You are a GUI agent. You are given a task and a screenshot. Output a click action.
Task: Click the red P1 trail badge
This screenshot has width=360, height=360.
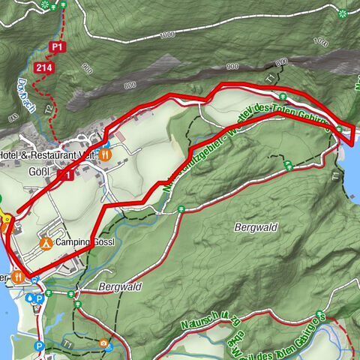tap(57, 46)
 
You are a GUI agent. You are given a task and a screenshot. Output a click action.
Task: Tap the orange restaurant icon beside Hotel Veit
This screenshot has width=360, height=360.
tap(106, 154)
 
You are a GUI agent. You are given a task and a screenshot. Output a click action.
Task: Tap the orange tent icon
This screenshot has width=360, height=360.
tap(46, 243)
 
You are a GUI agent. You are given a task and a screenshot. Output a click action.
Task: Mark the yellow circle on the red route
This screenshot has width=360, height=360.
tap(7, 219)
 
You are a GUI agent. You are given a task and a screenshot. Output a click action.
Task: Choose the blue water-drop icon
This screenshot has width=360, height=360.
tap(29, 298)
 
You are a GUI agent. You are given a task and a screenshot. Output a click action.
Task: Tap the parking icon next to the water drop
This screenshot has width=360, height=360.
tap(38, 298)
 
